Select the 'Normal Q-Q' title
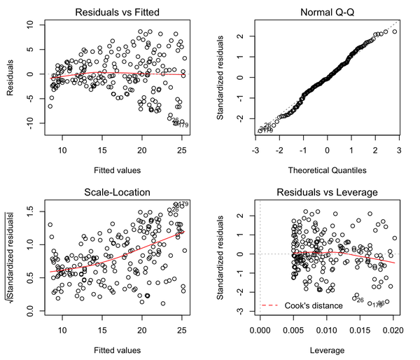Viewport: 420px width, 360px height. click(x=327, y=12)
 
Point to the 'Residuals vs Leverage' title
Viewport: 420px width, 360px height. click(x=327, y=191)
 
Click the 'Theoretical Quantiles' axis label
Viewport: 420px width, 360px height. click(x=327, y=169)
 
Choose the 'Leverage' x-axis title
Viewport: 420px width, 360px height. click(x=327, y=348)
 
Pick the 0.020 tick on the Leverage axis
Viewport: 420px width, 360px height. click(x=393, y=328)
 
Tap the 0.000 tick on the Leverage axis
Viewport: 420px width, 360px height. click(x=260, y=328)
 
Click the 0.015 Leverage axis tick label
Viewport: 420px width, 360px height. click(x=360, y=328)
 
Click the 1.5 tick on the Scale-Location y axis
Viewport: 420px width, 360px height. click(x=30, y=208)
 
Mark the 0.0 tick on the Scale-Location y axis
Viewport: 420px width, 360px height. click(x=30, y=309)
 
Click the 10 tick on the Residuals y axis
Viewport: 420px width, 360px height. click(x=30, y=25)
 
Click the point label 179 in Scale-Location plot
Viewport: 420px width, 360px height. click(x=183, y=204)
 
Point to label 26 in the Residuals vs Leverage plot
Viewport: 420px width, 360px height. click(x=360, y=300)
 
